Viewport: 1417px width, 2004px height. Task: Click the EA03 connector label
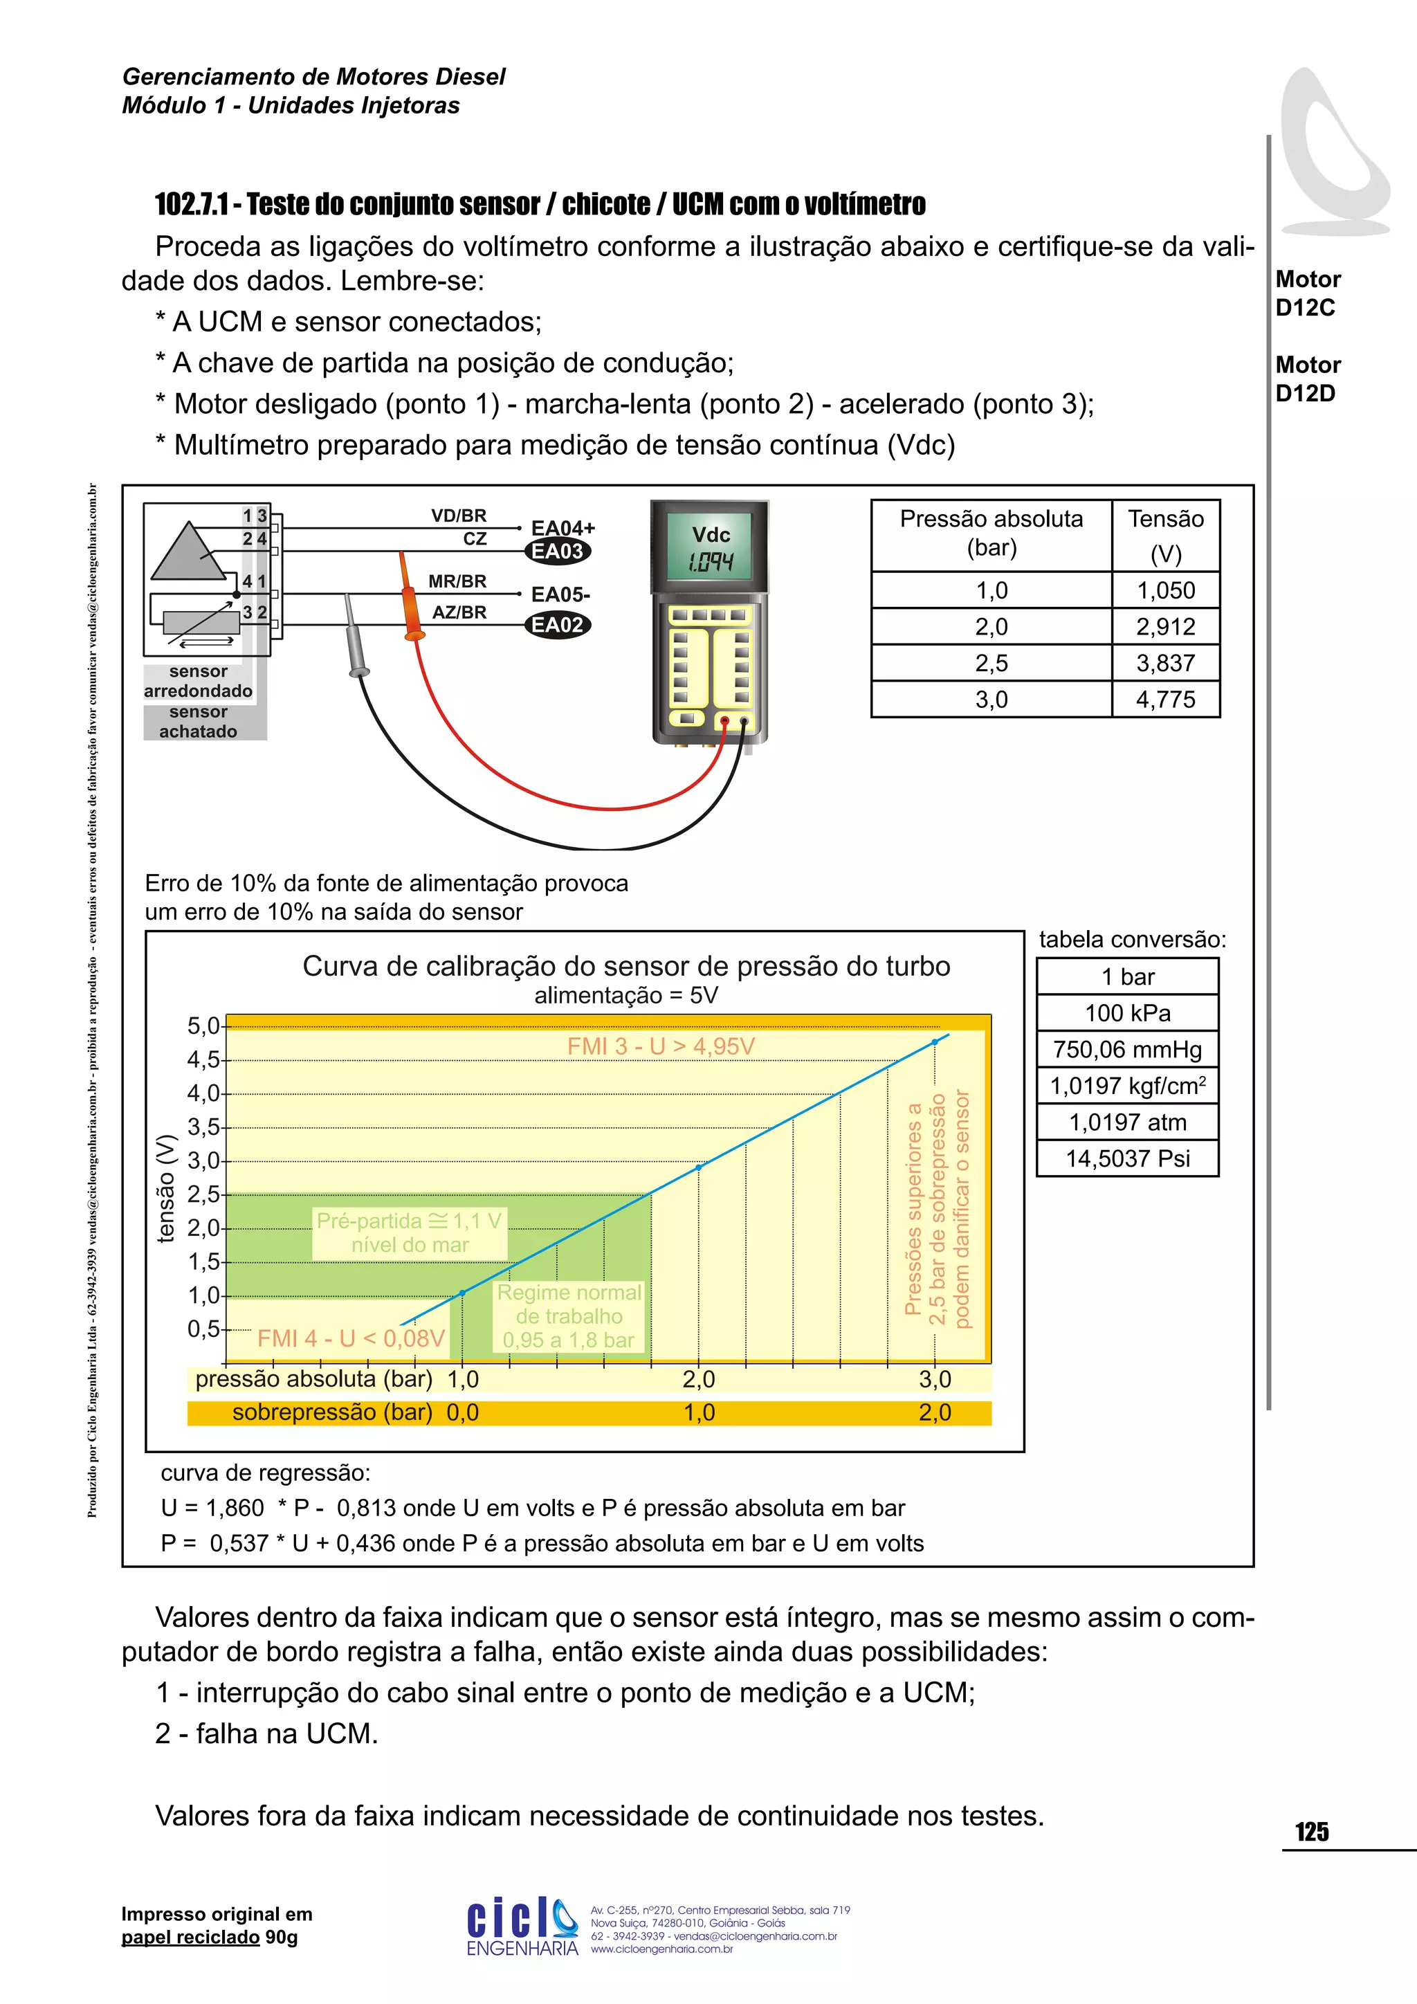[558, 551]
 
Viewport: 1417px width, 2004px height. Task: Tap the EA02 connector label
[558, 625]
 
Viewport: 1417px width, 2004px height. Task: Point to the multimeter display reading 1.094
[711, 561]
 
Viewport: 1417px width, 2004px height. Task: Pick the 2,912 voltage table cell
[1165, 627]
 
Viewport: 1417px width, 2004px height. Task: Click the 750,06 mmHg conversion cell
[1127, 1049]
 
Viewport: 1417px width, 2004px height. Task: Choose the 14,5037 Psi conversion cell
[1127, 1158]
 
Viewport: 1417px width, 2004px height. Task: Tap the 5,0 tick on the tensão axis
[204, 1026]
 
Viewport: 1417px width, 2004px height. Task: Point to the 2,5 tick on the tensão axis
[204, 1194]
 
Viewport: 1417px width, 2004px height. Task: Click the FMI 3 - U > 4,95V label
[661, 1046]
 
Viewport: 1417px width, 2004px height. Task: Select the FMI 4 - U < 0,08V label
[351, 1338]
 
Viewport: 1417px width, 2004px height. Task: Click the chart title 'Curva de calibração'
[625, 966]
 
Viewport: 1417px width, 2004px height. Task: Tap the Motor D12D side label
[1307, 379]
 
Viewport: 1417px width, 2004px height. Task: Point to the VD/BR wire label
[459, 516]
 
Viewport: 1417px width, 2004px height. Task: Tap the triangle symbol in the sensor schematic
[188, 552]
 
